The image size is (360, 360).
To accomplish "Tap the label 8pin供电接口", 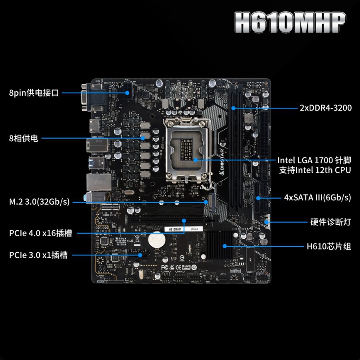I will tap(34, 93).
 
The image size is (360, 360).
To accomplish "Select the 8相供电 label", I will tap(24, 138).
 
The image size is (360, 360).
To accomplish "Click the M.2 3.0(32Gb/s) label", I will tap(39, 202).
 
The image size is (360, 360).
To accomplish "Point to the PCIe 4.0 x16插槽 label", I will tap(40, 233).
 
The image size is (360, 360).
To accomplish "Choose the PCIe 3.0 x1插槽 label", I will tap(38, 255).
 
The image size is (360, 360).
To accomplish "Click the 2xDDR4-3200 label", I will tap(326, 108).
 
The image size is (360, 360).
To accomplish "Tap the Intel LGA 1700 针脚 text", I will tap(314, 160).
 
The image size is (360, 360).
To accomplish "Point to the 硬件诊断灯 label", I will tap(330, 222).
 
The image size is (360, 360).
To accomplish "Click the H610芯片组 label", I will tap(329, 246).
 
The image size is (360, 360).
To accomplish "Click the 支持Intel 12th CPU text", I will tap(315, 170).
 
